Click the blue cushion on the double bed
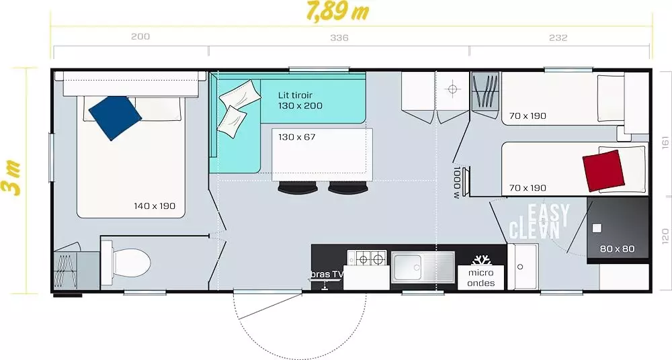pos(115,118)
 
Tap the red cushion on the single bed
pos(603,171)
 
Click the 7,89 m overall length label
pos(338,11)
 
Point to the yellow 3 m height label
pos(12,177)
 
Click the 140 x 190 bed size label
pos(155,206)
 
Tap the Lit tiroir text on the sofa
pos(295,95)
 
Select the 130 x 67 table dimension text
pos(296,137)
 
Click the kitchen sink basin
pos(407,267)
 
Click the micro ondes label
pos(481,277)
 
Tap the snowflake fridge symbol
pos(481,260)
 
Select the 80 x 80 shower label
pos(617,249)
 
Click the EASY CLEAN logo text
pos(539,221)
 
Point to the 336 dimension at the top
pos(339,38)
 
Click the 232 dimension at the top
pos(558,38)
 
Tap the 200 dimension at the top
pos(140,36)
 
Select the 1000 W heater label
pos(456,182)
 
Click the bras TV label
pos(327,274)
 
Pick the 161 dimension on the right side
pos(665,142)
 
